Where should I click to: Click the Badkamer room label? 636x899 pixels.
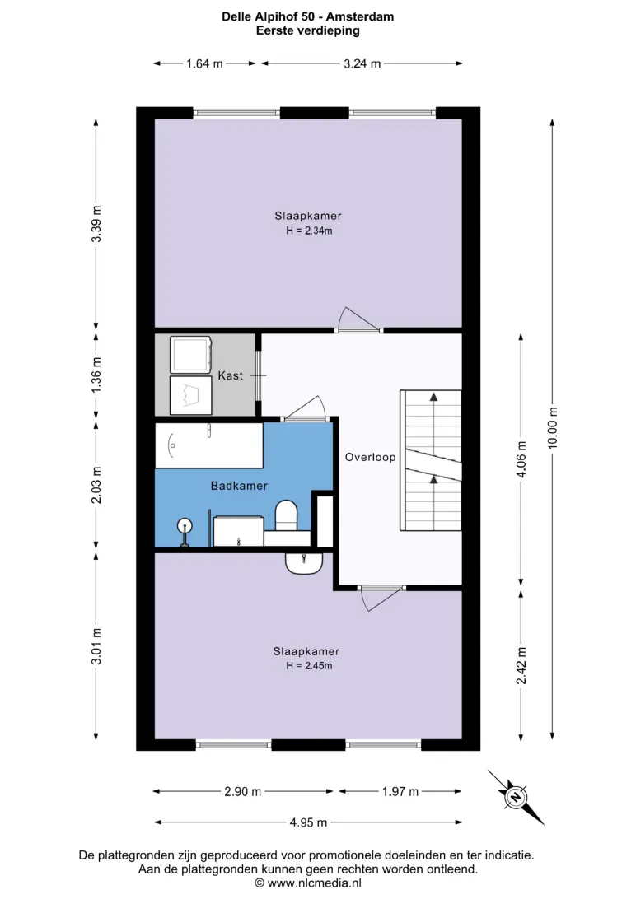pyautogui.click(x=239, y=486)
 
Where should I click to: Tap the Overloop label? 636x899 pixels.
pyautogui.click(x=370, y=457)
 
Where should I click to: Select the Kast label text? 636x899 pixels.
pyautogui.click(x=230, y=375)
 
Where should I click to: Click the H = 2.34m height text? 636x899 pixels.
pyautogui.click(x=309, y=231)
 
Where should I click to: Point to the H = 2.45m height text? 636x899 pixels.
pyautogui.click(x=309, y=666)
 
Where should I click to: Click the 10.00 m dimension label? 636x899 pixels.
pyautogui.click(x=552, y=427)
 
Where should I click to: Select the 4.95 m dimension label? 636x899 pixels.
pyautogui.click(x=308, y=822)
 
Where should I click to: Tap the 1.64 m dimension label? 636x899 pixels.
pyautogui.click(x=204, y=63)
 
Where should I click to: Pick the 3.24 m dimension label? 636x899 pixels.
pyautogui.click(x=362, y=63)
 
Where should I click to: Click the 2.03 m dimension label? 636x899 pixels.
pyautogui.click(x=96, y=485)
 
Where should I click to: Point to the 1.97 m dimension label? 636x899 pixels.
pyautogui.click(x=400, y=792)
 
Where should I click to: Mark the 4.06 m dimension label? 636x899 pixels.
pyautogui.click(x=521, y=459)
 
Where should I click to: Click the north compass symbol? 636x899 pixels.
pyautogui.click(x=516, y=797)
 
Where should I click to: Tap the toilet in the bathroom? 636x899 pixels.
pyautogui.click(x=286, y=515)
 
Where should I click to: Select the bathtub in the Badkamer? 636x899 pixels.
pyautogui.click(x=208, y=445)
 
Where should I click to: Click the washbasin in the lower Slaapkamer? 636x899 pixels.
pyautogui.click(x=304, y=563)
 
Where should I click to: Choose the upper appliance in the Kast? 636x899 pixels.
pyautogui.click(x=191, y=355)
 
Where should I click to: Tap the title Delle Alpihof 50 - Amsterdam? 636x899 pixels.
pyautogui.click(x=308, y=16)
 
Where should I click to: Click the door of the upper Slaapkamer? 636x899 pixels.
pyautogui.click(x=359, y=329)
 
